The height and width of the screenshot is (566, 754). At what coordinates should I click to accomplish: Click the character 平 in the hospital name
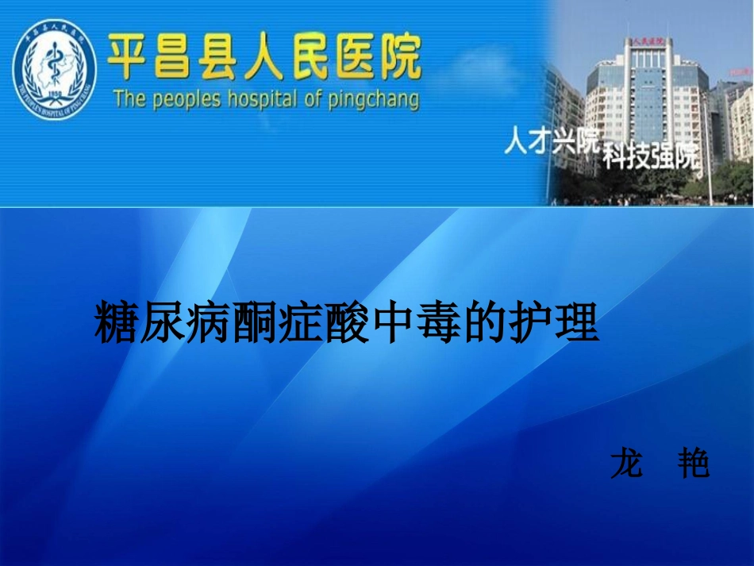click(130, 57)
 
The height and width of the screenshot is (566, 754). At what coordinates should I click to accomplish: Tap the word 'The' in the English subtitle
click(125, 99)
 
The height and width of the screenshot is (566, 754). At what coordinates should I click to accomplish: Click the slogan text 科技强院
click(650, 156)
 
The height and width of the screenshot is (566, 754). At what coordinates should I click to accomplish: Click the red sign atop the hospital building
click(646, 42)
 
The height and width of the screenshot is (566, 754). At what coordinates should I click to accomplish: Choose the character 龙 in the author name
click(626, 464)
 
